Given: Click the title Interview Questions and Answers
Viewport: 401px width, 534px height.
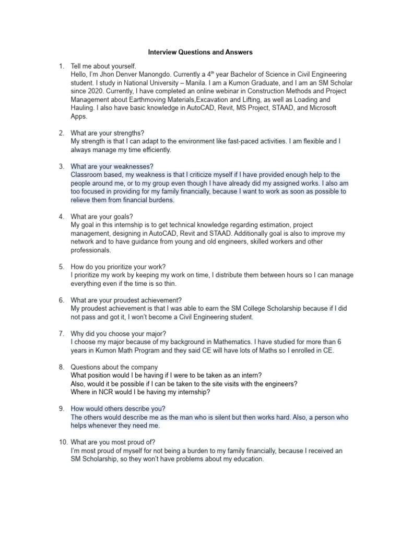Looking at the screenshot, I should coord(200,52).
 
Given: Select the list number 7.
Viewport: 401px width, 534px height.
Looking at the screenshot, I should coord(61,333).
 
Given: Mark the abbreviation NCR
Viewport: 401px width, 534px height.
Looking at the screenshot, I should coord(106,392).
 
